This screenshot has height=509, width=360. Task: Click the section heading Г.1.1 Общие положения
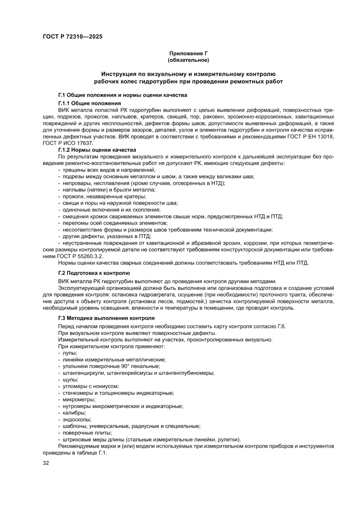click(89, 103)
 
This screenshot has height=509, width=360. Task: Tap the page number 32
click(46, 463)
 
